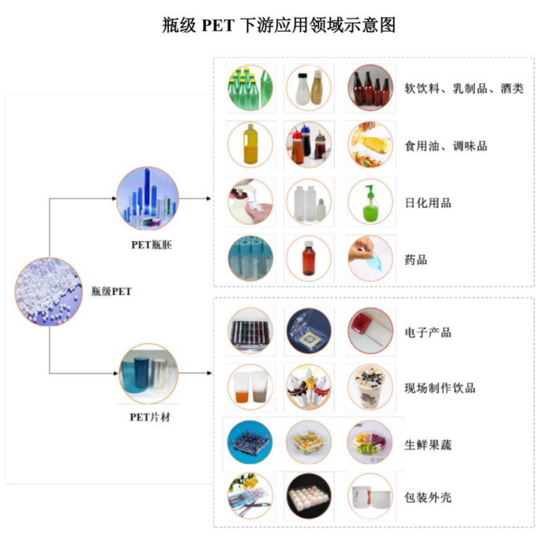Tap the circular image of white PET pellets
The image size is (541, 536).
(46, 291)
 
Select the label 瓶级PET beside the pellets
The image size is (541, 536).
(111, 292)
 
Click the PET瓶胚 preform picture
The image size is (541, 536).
(147, 198)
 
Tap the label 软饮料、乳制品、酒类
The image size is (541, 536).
(464, 89)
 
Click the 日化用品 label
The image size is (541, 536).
(427, 202)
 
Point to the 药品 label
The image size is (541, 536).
(416, 260)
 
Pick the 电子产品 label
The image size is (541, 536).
(427, 332)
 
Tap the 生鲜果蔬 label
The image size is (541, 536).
(427, 445)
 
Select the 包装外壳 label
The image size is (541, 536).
(427, 497)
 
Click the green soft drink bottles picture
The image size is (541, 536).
(250, 88)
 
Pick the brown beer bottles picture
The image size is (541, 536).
(370, 88)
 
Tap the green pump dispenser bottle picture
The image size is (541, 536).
(370, 202)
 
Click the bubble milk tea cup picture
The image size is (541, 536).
(370, 387)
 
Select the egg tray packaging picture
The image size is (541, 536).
(309, 497)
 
